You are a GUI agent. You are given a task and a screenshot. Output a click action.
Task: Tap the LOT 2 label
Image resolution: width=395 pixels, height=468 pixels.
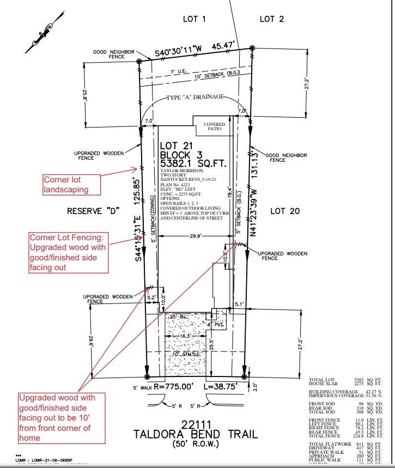[x=271, y=19]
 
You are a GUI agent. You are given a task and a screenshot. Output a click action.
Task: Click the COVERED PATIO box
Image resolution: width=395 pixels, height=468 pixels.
[x=214, y=127]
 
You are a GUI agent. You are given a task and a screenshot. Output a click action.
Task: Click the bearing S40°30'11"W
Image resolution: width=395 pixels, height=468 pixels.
[x=179, y=52]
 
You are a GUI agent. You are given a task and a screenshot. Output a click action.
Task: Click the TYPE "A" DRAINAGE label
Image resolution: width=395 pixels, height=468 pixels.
[x=195, y=97]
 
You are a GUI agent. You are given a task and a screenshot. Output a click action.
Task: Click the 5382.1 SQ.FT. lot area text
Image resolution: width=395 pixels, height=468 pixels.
[x=193, y=163]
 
